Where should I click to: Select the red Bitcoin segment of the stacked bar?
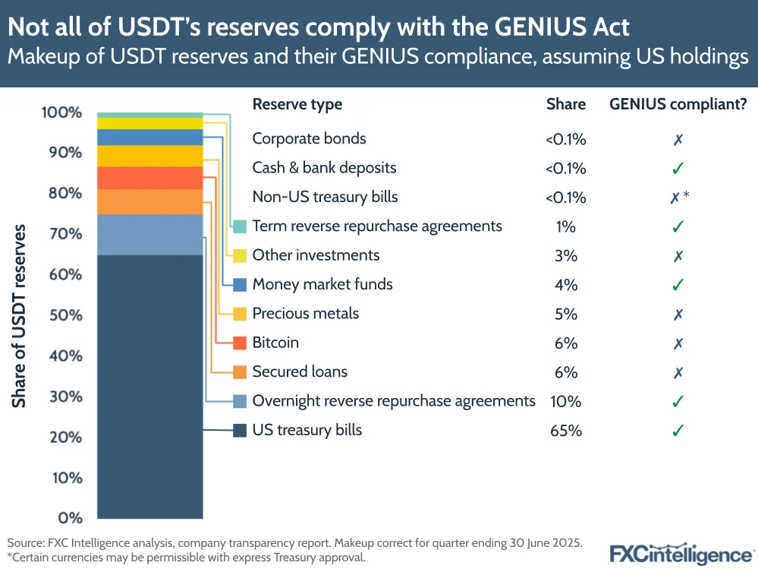tap(149, 178)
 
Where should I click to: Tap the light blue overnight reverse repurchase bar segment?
tap(149, 234)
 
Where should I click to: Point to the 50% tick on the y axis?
tap(61, 315)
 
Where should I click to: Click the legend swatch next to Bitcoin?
tap(240, 343)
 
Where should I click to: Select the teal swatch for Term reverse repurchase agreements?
tap(240, 226)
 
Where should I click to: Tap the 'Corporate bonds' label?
tap(309, 139)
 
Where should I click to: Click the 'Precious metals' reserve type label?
tap(305, 314)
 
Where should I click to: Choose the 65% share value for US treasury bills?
tap(566, 431)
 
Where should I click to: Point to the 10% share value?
tap(566, 401)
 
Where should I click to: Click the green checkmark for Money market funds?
tap(678, 285)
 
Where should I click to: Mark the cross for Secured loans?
tap(678, 372)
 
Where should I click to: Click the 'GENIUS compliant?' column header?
tap(678, 104)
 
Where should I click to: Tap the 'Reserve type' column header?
tap(297, 104)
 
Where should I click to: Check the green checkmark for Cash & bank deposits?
tap(678, 169)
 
